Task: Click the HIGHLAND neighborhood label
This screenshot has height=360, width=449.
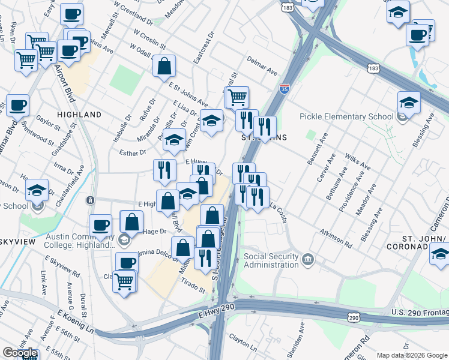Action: (79, 115)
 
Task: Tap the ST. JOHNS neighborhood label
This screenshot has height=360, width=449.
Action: (264, 137)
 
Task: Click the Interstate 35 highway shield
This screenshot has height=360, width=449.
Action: (285, 89)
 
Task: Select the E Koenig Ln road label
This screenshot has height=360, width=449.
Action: (76, 322)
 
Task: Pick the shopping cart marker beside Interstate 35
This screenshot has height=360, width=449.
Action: (238, 97)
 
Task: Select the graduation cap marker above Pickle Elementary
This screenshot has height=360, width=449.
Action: (408, 103)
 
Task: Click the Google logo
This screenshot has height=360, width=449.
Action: (20, 353)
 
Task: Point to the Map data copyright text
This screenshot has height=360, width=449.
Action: (411, 355)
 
